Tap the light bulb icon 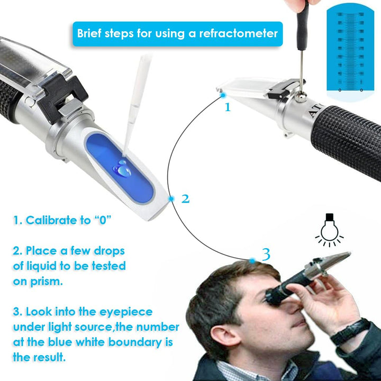click(x=329, y=231)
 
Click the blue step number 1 click(x=228, y=107)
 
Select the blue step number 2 click(x=185, y=199)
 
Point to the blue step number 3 click(x=266, y=255)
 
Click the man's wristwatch click(x=349, y=331)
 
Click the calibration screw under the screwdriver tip click(x=300, y=95)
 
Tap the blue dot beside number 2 click(x=171, y=199)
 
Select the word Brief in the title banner click(x=92, y=33)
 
